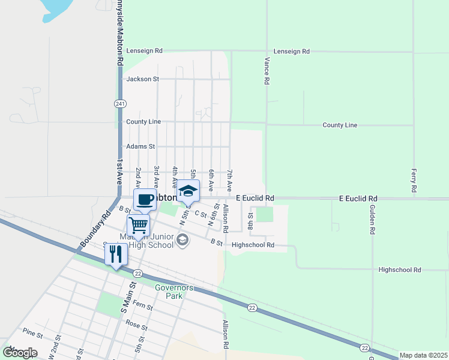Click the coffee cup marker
click(x=144, y=200)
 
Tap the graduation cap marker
click(x=188, y=191)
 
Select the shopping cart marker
click(x=138, y=226)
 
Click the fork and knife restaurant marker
click(x=116, y=253)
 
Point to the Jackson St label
click(x=142, y=79)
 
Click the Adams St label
click(x=140, y=146)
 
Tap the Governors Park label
click(x=174, y=292)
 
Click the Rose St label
click(x=137, y=326)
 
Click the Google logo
click(x=20, y=353)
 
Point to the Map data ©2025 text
click(x=423, y=355)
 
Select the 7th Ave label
click(x=229, y=179)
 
